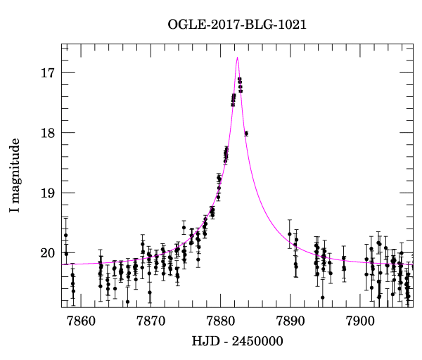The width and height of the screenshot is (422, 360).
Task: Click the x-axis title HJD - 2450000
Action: coord(237,342)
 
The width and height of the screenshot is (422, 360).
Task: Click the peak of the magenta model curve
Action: coord(238,57)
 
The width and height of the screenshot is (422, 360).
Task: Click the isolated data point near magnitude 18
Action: coord(246,133)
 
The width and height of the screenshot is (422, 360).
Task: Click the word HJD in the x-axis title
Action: coord(205,342)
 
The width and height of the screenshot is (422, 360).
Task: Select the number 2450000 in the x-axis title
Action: coord(256,342)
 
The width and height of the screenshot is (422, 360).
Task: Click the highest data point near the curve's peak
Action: coord(240,79)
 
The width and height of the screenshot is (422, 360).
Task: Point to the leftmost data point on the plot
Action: coord(65,235)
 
